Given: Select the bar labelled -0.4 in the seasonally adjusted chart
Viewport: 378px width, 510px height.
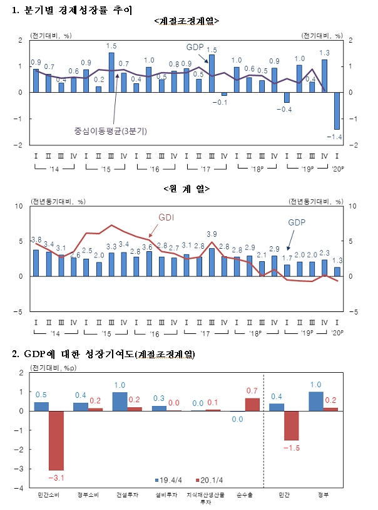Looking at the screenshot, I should click(x=287, y=97).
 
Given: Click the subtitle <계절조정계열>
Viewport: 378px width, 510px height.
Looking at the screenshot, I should click(x=186, y=21).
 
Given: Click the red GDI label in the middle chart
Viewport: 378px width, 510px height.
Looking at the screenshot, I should click(x=165, y=217).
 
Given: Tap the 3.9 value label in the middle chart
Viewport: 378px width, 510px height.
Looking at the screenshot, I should click(x=212, y=234).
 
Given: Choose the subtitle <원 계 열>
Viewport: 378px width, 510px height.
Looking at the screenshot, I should click(x=186, y=188).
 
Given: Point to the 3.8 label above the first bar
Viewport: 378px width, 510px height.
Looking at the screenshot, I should click(x=36, y=239).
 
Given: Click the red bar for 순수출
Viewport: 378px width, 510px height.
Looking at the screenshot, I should click(x=252, y=404).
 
